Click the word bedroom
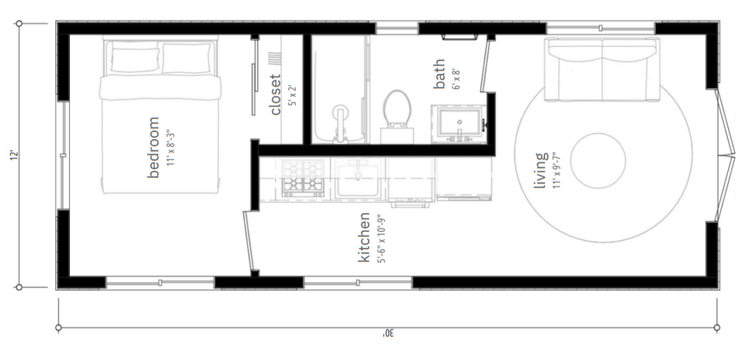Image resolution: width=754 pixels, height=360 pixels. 153,147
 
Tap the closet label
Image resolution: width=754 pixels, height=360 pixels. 275,95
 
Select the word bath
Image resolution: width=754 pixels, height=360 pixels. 439,74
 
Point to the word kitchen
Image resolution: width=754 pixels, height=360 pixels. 364,238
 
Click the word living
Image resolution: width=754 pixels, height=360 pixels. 541,170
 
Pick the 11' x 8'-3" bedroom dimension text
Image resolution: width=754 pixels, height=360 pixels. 169,147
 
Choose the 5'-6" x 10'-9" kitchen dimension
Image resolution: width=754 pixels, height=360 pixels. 382,239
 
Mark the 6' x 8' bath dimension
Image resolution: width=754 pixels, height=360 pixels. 457,78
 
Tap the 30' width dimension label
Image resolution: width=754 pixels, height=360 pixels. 388,333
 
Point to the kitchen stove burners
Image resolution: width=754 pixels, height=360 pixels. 303,178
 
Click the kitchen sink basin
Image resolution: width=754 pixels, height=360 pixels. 358,179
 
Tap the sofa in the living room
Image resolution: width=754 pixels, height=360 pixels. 602,69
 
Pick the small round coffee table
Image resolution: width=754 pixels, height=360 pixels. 598,160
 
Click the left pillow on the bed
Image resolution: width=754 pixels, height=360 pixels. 135,60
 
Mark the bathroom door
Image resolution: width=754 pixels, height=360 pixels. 485,66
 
